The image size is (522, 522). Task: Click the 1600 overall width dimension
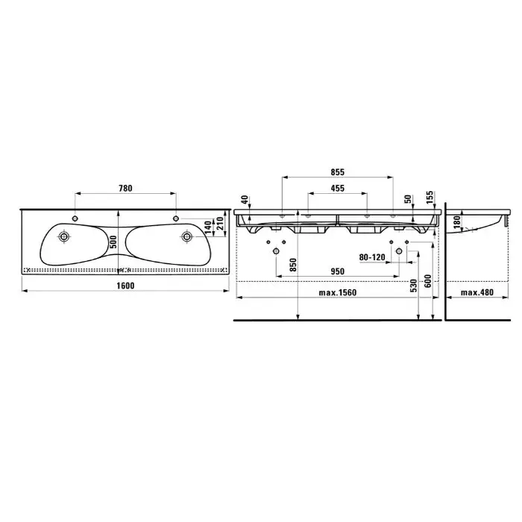coord(125,286)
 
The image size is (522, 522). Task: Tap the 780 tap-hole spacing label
coord(125,189)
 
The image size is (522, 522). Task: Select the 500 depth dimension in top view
coord(113,242)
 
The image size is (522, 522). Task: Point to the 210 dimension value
coord(220,224)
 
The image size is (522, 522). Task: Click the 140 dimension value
coord(208,227)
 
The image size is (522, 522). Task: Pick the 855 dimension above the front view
coord(338,172)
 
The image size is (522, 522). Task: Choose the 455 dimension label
coord(338,189)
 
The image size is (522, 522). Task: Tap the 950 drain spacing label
coord(338,271)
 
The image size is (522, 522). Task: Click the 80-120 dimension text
coord(372,257)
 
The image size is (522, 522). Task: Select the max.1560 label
coord(338,292)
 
